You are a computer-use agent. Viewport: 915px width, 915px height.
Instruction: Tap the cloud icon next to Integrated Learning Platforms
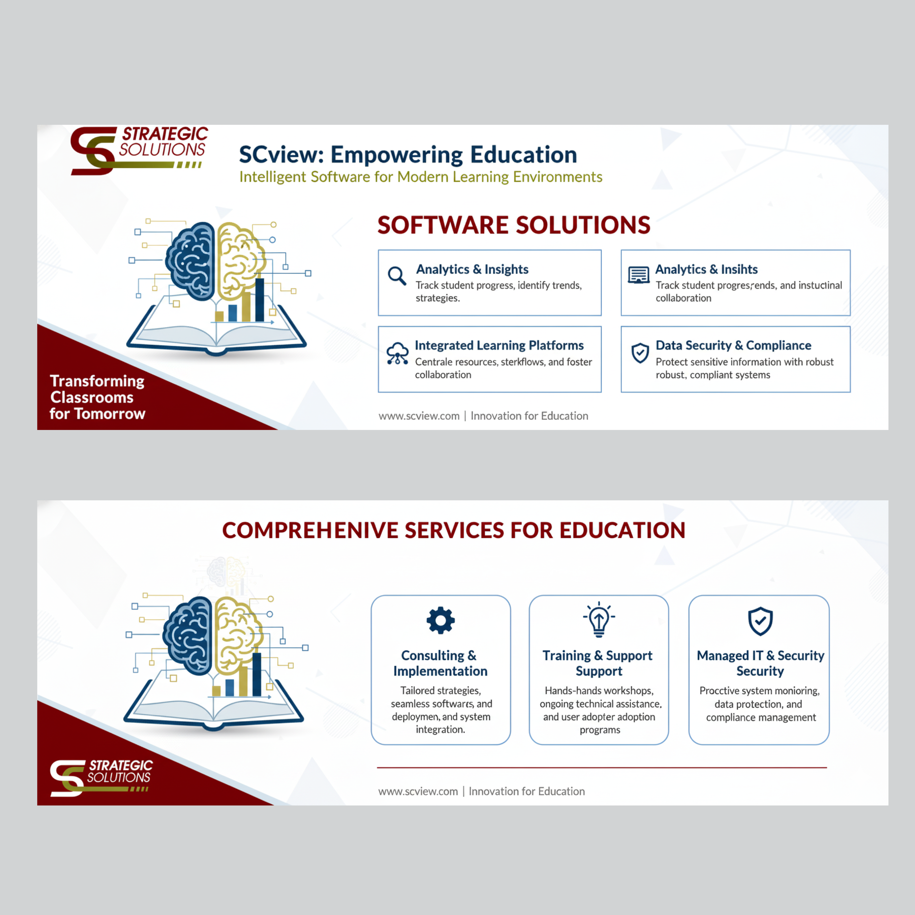397,353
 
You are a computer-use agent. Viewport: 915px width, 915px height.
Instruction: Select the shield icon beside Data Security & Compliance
640,353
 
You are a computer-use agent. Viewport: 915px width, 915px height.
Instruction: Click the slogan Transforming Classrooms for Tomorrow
97,397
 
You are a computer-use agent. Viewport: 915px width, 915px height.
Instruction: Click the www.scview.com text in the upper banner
419,416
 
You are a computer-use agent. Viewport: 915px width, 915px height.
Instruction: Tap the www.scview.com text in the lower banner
418,791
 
